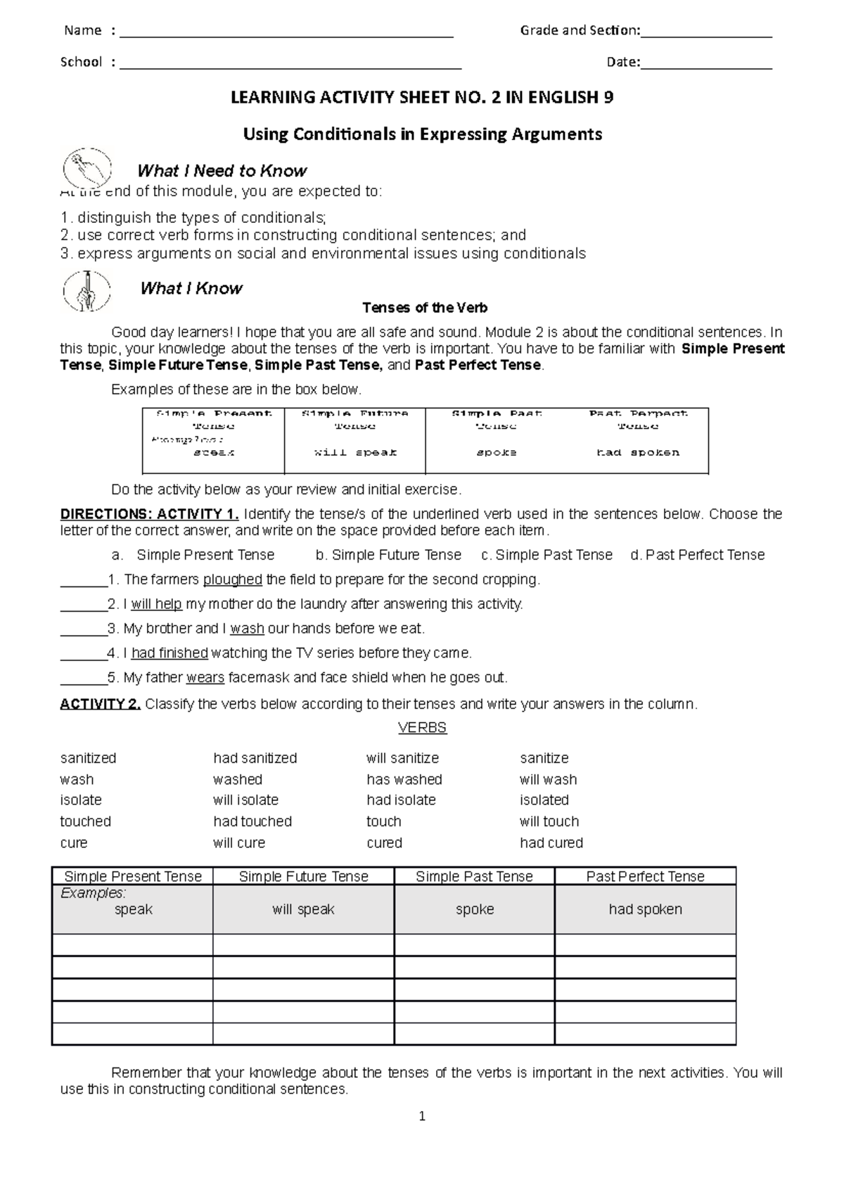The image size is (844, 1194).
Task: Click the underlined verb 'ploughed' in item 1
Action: click(x=233, y=580)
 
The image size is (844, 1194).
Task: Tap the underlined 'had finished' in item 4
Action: click(x=170, y=653)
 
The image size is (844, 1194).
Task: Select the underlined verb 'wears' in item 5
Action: click(x=205, y=678)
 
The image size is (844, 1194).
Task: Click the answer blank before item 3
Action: click(x=83, y=629)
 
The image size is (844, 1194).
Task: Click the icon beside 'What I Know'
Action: click(x=87, y=290)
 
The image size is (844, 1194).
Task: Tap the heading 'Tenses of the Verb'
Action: click(x=424, y=308)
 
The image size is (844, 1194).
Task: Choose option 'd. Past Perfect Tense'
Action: click(x=697, y=555)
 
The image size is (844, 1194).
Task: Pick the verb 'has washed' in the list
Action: click(x=404, y=779)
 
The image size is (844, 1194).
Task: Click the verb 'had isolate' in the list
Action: click(x=401, y=800)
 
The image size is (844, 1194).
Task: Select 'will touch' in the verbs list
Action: click(x=549, y=821)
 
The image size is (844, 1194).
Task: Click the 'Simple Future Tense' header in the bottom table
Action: click(x=303, y=876)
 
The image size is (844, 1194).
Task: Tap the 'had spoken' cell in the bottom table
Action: click(x=645, y=909)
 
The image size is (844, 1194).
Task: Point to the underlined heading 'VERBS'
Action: click(x=422, y=728)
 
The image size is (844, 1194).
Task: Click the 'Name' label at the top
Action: click(x=83, y=30)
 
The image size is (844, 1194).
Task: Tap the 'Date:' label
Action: click(x=623, y=62)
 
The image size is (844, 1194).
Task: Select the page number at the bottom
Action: click(x=422, y=1116)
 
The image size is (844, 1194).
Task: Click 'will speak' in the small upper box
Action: click(x=355, y=453)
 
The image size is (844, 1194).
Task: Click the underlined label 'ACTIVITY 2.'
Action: click(x=101, y=704)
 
